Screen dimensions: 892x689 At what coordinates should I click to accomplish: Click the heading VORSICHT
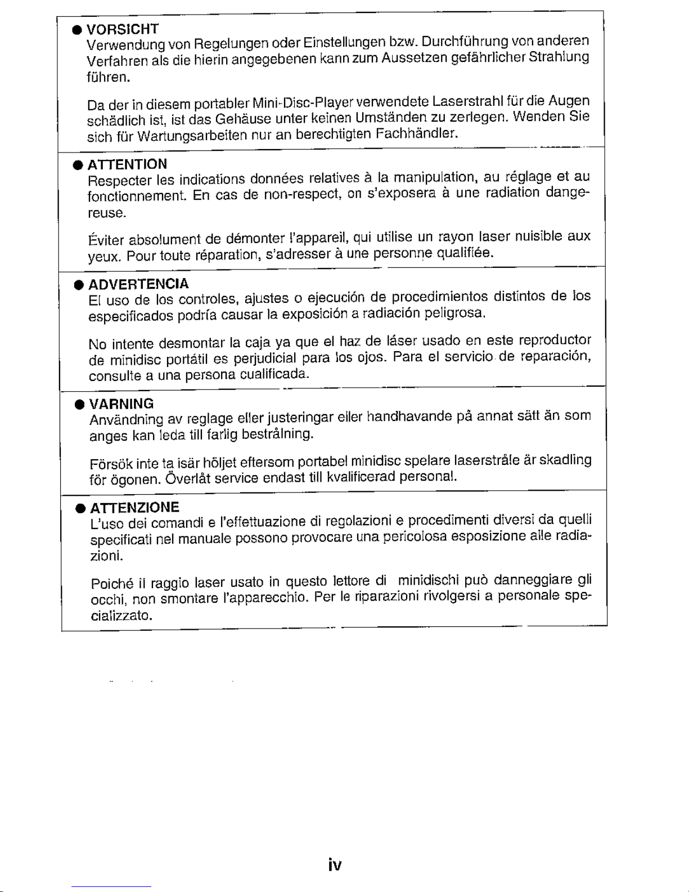point(123,29)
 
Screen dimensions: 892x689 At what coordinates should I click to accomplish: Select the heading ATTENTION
point(127,164)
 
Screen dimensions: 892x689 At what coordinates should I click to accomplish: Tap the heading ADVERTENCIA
point(138,284)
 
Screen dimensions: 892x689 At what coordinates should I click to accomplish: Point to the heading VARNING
point(121,404)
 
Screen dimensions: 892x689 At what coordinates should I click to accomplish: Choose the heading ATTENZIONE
point(134,507)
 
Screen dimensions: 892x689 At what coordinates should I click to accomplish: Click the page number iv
point(335,865)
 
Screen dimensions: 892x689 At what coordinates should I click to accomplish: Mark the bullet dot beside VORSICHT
point(75,30)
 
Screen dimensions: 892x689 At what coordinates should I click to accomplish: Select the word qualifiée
point(465,253)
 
